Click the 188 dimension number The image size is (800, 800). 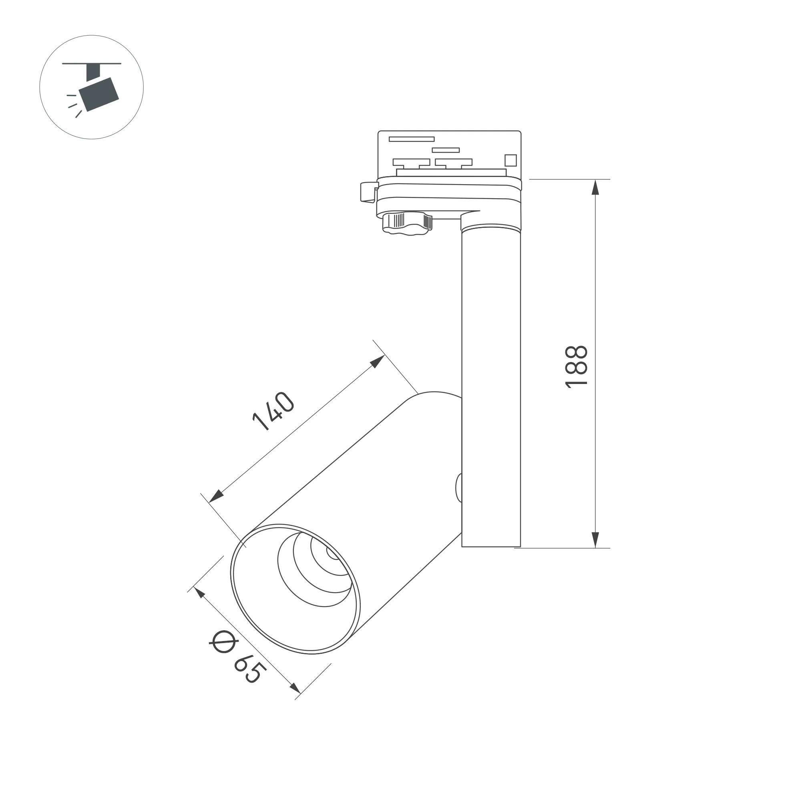[x=577, y=366]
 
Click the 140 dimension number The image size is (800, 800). [x=273, y=411]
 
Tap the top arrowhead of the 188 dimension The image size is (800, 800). [x=595, y=187]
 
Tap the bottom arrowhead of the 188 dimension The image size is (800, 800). [x=595, y=540]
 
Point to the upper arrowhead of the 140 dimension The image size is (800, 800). [x=377, y=362]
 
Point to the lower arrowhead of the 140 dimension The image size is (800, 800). [x=216, y=496]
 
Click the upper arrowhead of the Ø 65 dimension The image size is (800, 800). [x=199, y=593]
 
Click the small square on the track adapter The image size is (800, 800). [x=511, y=160]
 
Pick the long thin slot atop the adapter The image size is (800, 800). [x=411, y=139]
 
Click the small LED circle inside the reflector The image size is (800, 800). [x=332, y=553]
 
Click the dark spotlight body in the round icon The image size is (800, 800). [x=99, y=94]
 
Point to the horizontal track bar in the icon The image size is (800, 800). [x=92, y=64]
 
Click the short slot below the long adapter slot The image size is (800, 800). [x=446, y=150]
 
